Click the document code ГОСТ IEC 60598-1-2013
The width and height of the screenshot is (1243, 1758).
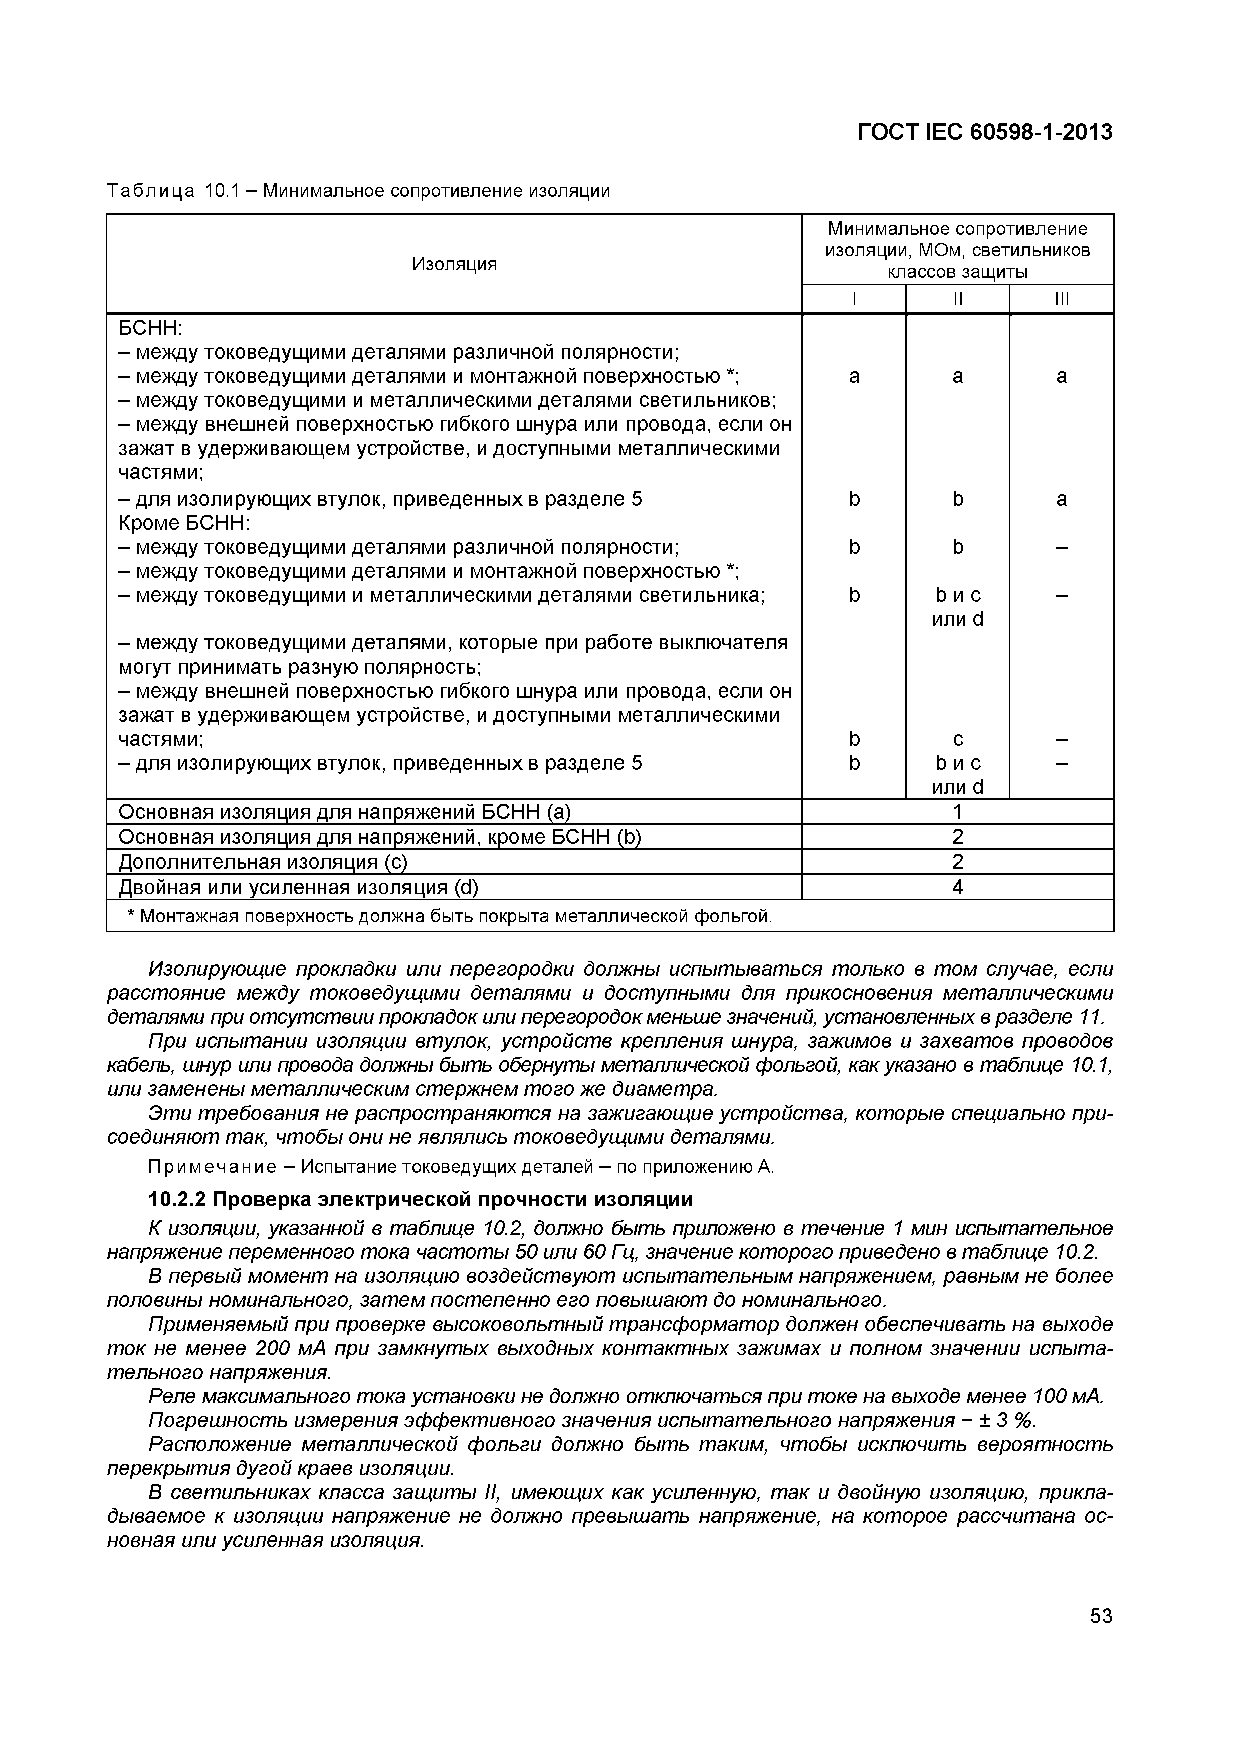click(x=984, y=132)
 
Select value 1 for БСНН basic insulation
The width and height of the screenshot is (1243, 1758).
click(x=957, y=812)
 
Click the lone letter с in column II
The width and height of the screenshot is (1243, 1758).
click(x=957, y=739)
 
